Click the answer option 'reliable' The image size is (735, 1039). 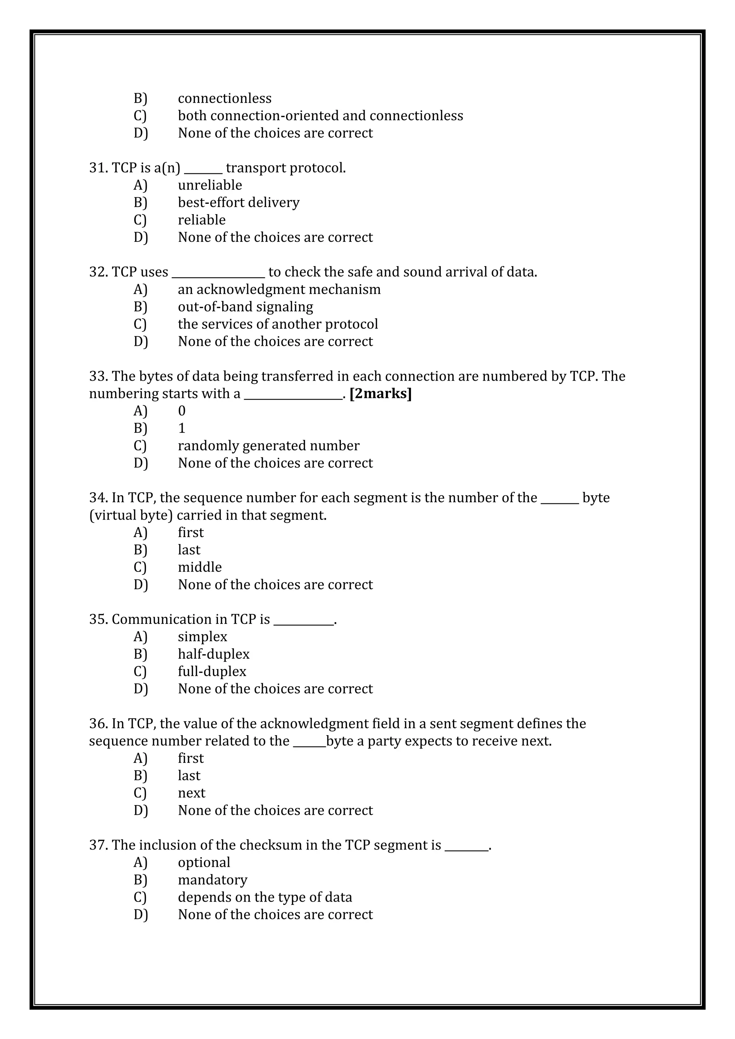(x=201, y=220)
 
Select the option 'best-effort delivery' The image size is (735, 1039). (x=239, y=202)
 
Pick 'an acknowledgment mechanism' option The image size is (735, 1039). (x=279, y=289)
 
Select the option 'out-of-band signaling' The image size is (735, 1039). (x=245, y=307)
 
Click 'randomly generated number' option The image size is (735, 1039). (x=268, y=446)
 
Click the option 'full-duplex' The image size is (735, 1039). (x=212, y=672)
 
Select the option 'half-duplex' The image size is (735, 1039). (x=214, y=654)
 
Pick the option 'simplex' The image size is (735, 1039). (x=202, y=637)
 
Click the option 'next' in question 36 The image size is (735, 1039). (x=191, y=793)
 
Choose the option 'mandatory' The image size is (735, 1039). (x=213, y=880)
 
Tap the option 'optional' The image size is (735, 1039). (x=204, y=862)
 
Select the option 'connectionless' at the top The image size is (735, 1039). (x=224, y=98)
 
